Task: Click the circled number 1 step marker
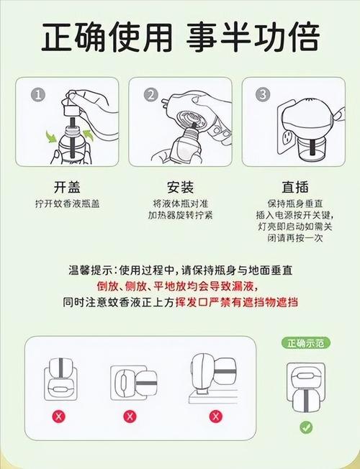[38, 95]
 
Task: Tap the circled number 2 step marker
[151, 95]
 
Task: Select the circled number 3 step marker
[263, 94]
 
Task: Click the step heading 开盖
[68, 187]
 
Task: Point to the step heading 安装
[180, 187]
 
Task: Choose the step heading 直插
[295, 187]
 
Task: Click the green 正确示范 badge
[306, 343]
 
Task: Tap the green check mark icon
[306, 427]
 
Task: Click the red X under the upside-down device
[59, 416]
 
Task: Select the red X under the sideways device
[130, 416]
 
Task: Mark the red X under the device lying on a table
[216, 416]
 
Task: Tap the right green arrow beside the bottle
[89, 135]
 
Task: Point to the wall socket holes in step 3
[288, 137]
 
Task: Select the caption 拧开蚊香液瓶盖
[68, 204]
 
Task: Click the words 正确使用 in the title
[107, 37]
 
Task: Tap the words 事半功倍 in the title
[253, 37]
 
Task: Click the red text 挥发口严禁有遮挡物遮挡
[237, 302]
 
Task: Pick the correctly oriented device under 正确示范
[306, 387]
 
